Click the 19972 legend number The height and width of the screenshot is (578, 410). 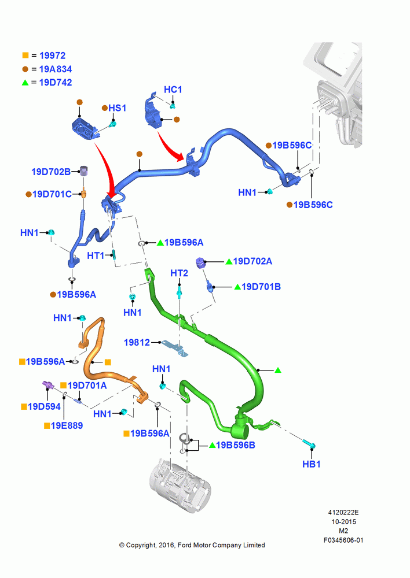click(53, 55)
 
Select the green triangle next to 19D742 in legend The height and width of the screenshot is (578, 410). click(25, 83)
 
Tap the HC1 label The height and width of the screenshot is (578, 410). click(173, 90)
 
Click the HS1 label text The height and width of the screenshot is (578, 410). click(117, 108)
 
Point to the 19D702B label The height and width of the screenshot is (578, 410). click(51, 172)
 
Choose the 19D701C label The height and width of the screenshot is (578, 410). click(52, 194)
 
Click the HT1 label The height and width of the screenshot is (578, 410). click(96, 255)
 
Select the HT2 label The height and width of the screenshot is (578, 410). click(179, 273)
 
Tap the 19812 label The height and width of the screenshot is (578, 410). click(137, 342)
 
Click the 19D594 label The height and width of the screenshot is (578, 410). click(44, 406)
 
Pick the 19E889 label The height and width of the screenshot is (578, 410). click(67, 426)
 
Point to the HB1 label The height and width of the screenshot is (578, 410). click(312, 464)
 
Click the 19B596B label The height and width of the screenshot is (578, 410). click(235, 445)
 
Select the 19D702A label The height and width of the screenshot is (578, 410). click(252, 261)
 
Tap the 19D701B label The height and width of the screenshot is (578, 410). click(261, 287)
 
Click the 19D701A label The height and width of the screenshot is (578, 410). click(87, 386)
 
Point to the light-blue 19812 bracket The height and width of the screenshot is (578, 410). click(175, 348)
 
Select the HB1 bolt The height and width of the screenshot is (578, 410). click(309, 444)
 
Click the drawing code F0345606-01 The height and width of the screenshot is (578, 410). click(343, 540)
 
